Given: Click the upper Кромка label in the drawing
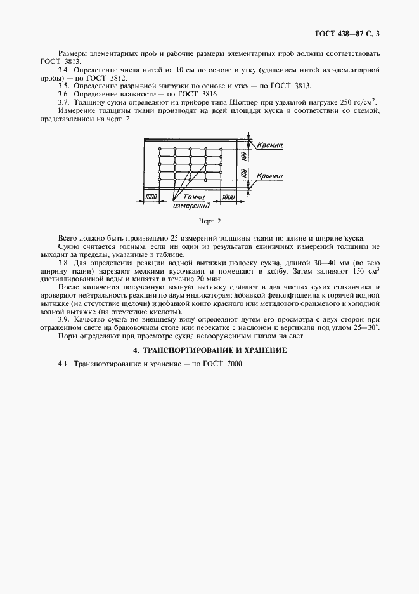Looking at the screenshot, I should [270, 146].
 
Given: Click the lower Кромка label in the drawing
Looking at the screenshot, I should [270, 175].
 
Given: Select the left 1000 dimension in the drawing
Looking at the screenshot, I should [151, 198].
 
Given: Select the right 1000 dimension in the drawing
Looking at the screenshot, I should [228, 198].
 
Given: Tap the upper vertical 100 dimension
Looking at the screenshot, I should [243, 155].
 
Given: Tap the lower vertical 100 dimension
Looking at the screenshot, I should [243, 172].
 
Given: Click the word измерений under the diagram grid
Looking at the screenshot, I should [191, 206].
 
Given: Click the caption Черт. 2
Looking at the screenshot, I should [209, 221].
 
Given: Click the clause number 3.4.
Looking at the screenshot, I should [63, 68].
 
